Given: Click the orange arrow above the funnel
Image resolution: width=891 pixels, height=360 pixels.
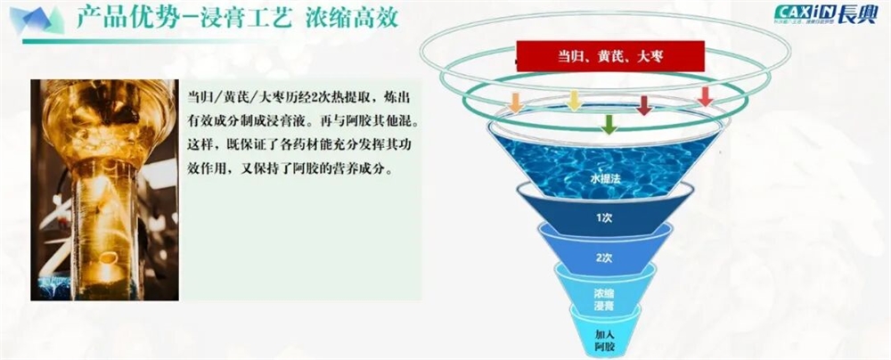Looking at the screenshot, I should pos(515,102).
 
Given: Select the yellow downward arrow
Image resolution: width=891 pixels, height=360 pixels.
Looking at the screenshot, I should pos(574,101).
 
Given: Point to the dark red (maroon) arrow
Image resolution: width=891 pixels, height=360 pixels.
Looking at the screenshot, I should pos(643,104).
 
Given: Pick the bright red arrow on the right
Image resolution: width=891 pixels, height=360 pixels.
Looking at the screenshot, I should pos(705,95).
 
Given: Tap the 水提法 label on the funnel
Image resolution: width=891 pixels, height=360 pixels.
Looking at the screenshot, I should pos(603,178).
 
